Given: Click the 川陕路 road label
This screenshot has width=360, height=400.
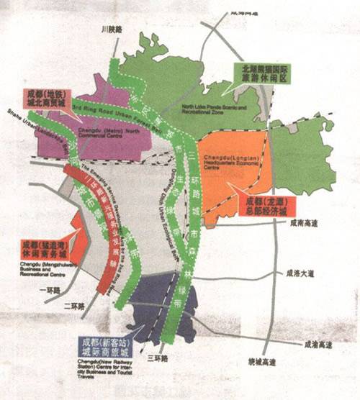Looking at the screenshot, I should [112, 29].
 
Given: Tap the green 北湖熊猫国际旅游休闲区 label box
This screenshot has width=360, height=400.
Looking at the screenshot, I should [266, 73].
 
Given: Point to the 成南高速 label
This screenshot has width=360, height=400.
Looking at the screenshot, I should [302, 224].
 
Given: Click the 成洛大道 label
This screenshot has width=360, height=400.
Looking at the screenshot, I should [301, 273].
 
